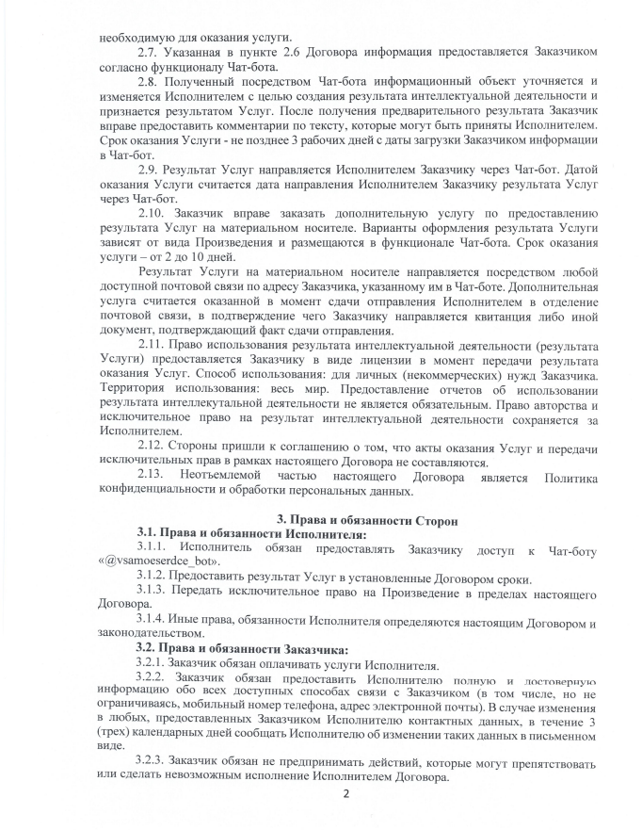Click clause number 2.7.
click(x=150, y=49)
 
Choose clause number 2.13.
click(x=152, y=476)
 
